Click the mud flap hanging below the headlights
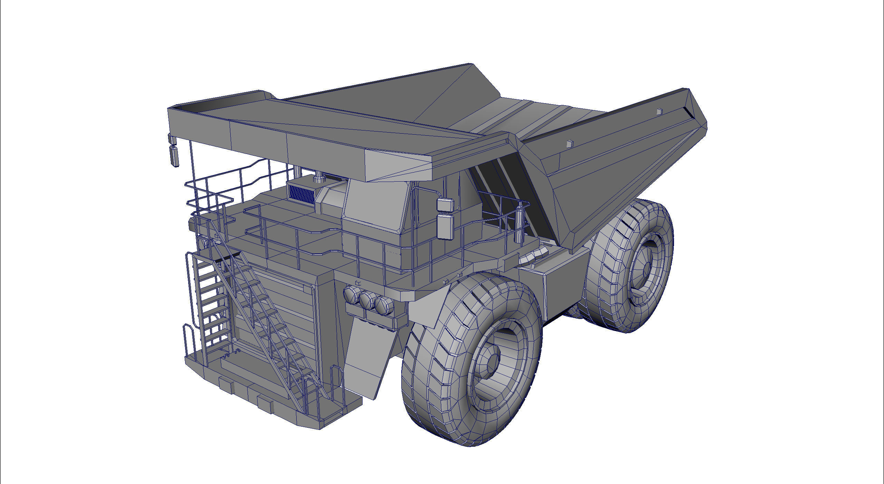pyautogui.click(x=368, y=359)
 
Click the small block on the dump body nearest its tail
pyautogui.click(x=660, y=112)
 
